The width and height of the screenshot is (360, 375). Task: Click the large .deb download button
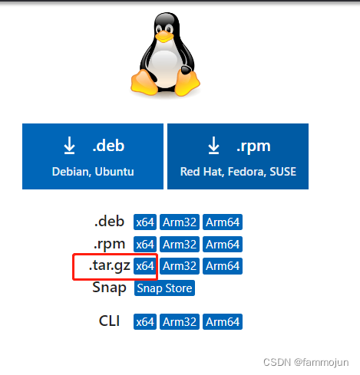coord(92,156)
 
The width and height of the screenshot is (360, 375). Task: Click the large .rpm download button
coord(237,156)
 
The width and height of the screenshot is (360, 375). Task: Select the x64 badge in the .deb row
coord(145,222)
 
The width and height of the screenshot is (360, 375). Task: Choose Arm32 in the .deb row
coord(180,222)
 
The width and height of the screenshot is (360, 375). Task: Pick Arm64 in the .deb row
coord(223,222)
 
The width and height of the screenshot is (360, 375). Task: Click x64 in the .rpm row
coord(145,245)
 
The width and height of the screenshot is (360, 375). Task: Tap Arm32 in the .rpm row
coord(180,245)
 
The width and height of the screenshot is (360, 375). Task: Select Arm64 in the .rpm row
coord(223,245)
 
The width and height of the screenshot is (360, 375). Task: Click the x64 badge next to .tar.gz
coord(145,266)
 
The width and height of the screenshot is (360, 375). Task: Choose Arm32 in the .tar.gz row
coord(180,266)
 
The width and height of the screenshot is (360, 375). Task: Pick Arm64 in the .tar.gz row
coord(223,266)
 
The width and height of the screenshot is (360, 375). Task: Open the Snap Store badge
coord(164,288)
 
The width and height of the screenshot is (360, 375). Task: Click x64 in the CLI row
coord(145,322)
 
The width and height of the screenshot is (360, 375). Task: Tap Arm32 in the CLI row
coord(180,322)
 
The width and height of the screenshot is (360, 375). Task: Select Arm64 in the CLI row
coord(223,322)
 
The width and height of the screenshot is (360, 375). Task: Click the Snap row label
coord(109,288)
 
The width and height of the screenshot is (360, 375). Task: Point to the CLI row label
coord(110,321)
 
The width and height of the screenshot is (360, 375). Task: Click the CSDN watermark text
coord(313,360)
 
